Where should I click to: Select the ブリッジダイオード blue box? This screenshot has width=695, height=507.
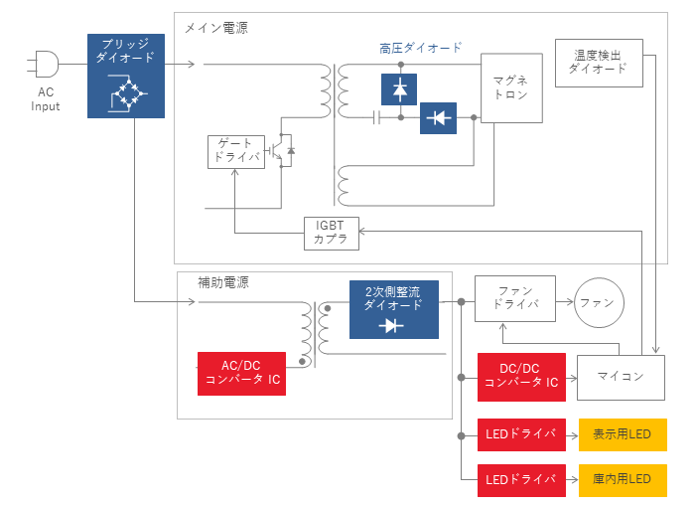pos(126,76)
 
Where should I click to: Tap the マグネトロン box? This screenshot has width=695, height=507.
pos(511,87)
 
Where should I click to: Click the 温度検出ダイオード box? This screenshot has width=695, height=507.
pos(599,63)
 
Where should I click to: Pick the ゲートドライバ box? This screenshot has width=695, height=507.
pos(236,152)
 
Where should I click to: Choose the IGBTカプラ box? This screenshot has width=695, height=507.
pos(331,234)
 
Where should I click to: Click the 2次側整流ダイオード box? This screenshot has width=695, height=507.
pos(394,309)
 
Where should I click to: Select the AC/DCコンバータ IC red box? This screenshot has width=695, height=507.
pos(241,374)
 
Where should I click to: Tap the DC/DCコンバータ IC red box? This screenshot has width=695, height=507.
pos(521,377)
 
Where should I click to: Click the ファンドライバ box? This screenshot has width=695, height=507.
pos(515,298)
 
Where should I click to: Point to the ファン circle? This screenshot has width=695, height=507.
pos(599,303)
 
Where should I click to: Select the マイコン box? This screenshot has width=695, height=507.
pos(621,378)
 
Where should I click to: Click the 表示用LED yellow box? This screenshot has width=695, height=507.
pos(623,434)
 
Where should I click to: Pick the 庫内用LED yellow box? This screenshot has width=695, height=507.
pos(623,480)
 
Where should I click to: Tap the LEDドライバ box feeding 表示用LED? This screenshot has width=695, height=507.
pos(521,434)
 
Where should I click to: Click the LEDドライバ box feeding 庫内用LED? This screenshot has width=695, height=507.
pos(521,480)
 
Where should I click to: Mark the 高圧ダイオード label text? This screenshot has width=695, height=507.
pos(420,48)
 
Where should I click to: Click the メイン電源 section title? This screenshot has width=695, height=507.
pos(215,28)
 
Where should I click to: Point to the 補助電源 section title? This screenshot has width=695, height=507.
pos(223,282)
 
